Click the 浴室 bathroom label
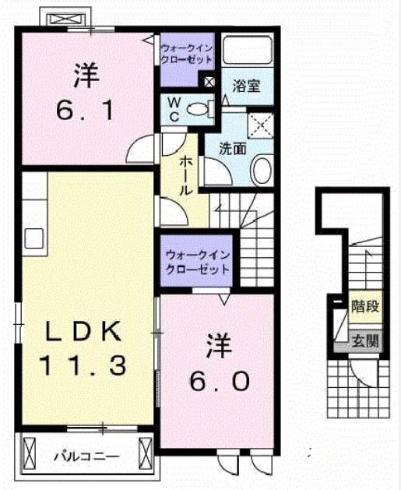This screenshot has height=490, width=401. [246, 86]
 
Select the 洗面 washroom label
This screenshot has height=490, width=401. [233, 149]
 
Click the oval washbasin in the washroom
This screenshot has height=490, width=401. [262, 170]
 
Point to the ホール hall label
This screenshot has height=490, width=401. [185, 176]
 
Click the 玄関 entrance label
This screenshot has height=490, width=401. [365, 341]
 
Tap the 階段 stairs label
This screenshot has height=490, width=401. [365, 306]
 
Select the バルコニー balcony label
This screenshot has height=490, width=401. [87, 457]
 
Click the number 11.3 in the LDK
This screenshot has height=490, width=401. [83, 365]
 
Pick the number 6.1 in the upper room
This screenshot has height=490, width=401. [85, 111]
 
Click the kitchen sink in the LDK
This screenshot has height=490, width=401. [34, 238]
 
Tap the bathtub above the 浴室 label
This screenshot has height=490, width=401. [248, 51]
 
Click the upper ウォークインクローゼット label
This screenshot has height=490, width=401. [186, 54]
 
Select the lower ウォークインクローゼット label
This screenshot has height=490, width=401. [197, 262]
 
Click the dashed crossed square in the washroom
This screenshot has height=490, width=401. [261, 125]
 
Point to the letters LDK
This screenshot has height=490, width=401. [83, 331]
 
